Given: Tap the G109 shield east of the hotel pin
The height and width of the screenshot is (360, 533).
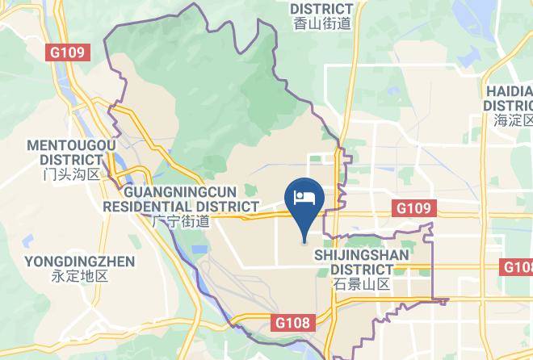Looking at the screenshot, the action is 413,208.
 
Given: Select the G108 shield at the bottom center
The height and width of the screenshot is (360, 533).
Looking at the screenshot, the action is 292,323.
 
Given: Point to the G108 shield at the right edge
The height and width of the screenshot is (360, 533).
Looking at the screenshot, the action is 518,267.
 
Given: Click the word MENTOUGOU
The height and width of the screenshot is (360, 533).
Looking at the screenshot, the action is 71,145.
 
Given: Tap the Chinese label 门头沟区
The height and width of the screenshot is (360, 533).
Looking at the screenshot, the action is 71,174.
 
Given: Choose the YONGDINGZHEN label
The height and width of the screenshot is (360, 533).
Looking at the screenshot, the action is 79,262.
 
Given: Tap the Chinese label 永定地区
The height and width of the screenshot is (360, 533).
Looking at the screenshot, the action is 79,276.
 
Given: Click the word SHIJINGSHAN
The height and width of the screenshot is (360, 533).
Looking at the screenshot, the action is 361,255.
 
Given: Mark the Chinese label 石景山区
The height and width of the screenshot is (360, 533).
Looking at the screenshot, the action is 361,284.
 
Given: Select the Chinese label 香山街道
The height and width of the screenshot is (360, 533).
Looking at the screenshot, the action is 321,23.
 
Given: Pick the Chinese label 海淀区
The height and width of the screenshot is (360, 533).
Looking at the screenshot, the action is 513,120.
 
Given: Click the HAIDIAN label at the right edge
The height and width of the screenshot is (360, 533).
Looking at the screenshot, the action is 510,90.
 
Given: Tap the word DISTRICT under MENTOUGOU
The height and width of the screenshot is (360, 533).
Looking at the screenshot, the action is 71,160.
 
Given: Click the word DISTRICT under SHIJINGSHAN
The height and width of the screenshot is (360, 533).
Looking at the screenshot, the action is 361,270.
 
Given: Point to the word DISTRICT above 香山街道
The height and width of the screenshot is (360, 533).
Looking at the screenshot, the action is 321,9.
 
